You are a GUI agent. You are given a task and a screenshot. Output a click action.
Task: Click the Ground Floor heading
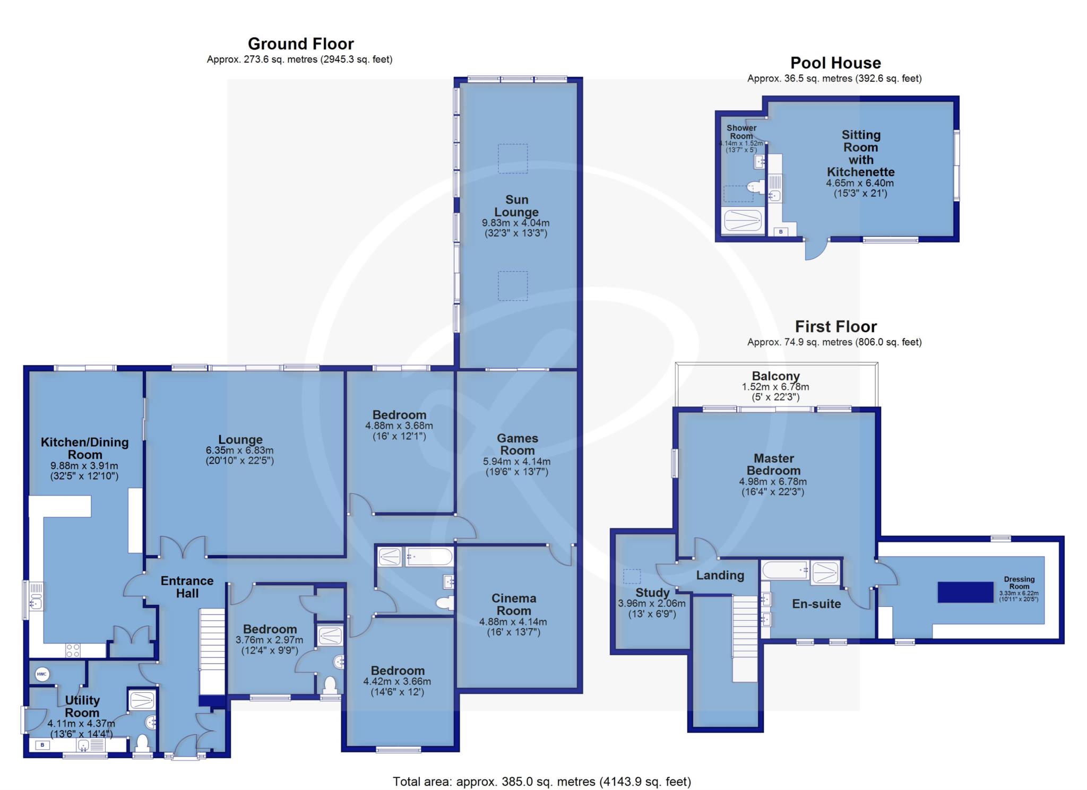pyautogui.click(x=300, y=44)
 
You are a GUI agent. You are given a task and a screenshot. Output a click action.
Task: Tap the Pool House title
pyautogui.click(x=835, y=63)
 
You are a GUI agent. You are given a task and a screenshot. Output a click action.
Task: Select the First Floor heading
pyautogui.click(x=835, y=326)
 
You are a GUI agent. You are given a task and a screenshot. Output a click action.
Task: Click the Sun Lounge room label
pyautogui.click(x=516, y=206)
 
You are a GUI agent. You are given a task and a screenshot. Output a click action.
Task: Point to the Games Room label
pyautogui.click(x=517, y=444)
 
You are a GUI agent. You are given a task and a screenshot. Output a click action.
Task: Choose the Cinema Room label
pyautogui.click(x=514, y=604)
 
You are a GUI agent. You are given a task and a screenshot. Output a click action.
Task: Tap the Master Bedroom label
pyautogui.click(x=773, y=464)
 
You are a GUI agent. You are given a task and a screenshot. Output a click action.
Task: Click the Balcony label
pyautogui.click(x=775, y=376)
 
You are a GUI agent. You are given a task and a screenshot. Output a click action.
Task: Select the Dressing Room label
pyautogui.click(x=1019, y=583)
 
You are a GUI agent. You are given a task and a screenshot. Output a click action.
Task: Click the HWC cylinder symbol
pyautogui.click(x=42, y=674)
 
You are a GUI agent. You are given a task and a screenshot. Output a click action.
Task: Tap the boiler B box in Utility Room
pyautogui.click(x=43, y=745)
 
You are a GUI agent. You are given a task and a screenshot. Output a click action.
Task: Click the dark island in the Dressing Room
pyautogui.click(x=965, y=592)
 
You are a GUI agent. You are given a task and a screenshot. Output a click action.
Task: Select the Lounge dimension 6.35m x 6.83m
pyautogui.click(x=240, y=450)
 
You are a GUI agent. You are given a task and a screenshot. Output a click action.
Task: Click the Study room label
pyautogui.click(x=652, y=593)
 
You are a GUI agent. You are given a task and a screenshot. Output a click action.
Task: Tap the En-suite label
pyautogui.click(x=816, y=603)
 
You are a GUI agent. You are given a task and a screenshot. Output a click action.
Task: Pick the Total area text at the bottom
pyautogui.click(x=542, y=781)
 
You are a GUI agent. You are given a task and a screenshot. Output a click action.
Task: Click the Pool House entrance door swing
pyautogui.click(x=816, y=249)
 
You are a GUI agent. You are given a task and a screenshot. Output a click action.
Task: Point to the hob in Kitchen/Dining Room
pyautogui.click(x=73, y=650)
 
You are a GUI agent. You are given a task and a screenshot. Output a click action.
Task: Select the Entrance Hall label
pyautogui.click(x=187, y=587)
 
